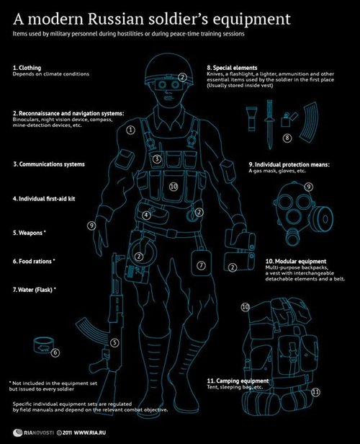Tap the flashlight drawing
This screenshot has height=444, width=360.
tap(251, 119)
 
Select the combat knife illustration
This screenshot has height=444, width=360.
tap(269, 124)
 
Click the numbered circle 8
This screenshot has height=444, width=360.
tap(287, 138)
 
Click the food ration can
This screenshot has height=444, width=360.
tap(42, 345)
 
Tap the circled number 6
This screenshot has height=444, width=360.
tap(55, 352)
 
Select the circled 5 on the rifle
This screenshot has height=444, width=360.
tap(114, 343)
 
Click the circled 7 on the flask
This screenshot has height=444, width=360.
tap(201, 265)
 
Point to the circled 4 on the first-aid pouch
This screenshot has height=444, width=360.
tap(146, 216)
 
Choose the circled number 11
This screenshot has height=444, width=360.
tap(315, 392)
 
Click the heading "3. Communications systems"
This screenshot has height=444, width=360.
tap(49, 164)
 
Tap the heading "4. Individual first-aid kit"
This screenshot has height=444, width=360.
tap(44, 199)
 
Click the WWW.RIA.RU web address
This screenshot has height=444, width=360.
tap(90, 432)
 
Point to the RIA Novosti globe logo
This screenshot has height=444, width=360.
tap(18, 432)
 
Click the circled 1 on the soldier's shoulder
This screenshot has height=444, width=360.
tap(130, 130)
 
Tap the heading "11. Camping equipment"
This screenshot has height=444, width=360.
tap(238, 381)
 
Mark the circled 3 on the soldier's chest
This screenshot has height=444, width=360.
tap(157, 159)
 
